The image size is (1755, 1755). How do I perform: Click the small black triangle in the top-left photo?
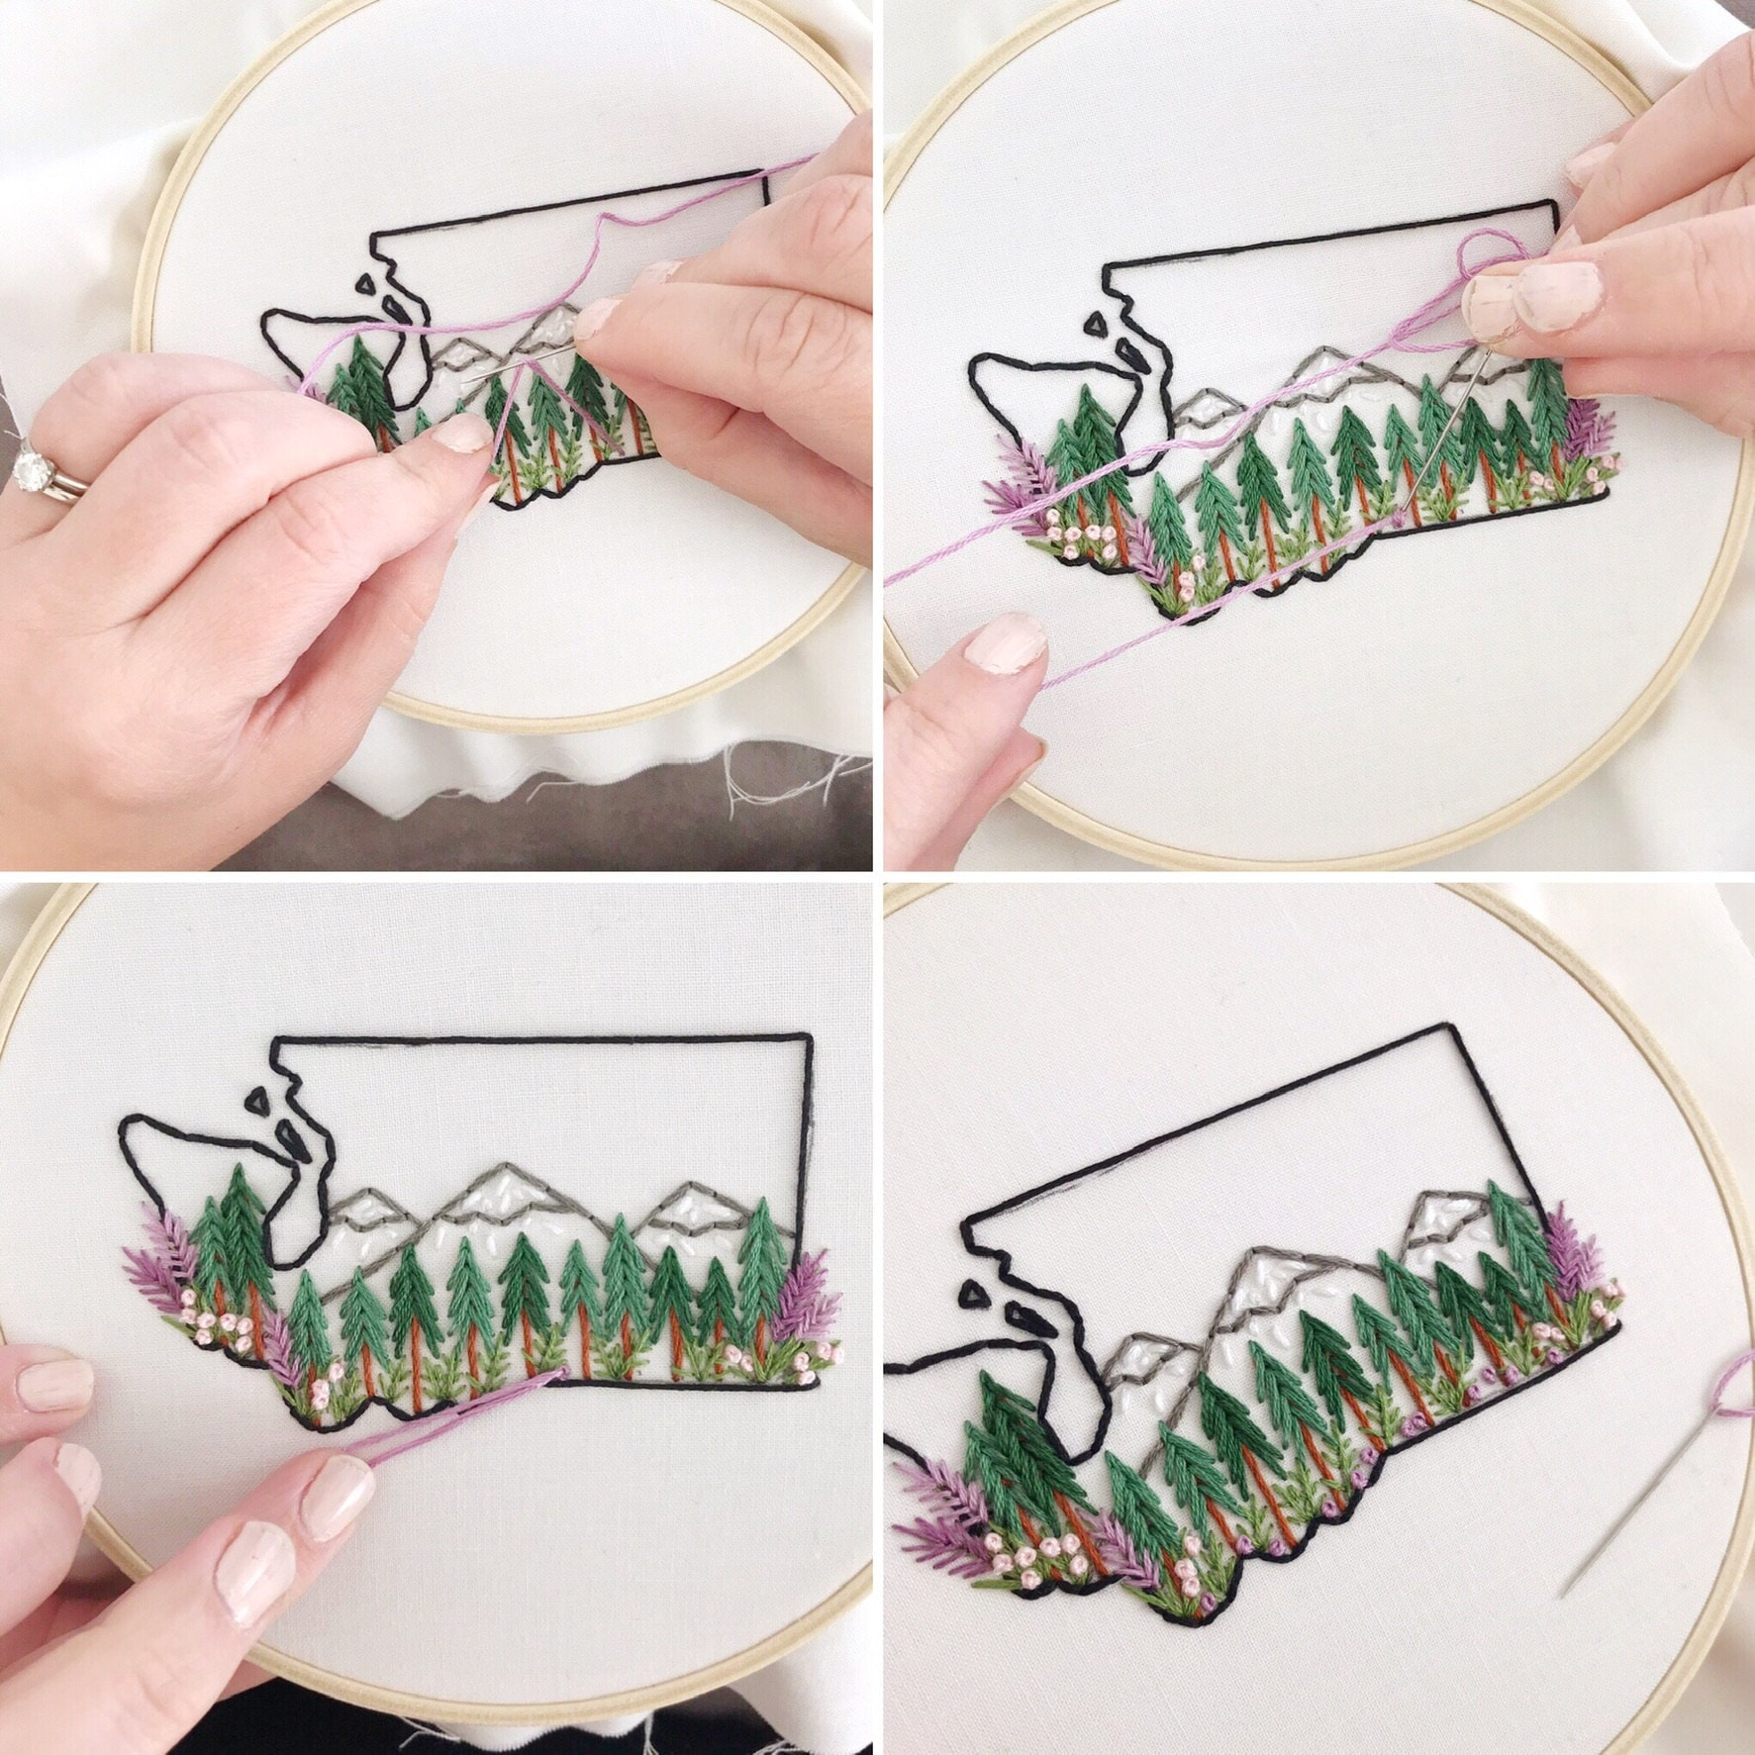(x=369, y=284)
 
